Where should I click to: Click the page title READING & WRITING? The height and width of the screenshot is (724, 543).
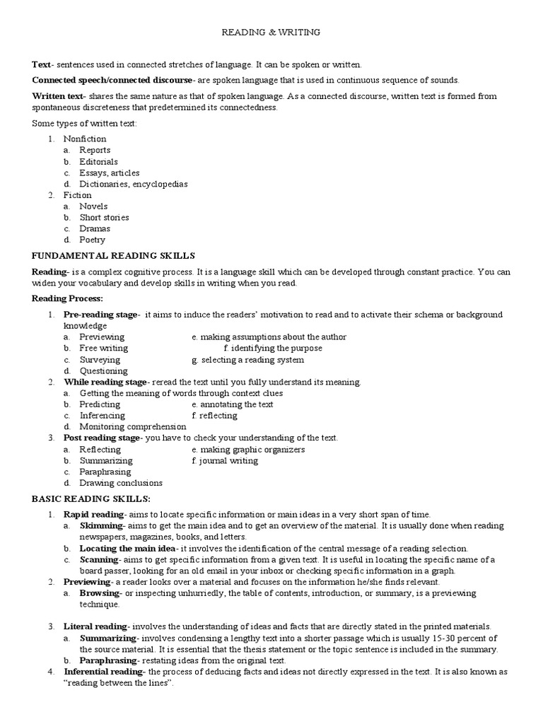click(x=271, y=32)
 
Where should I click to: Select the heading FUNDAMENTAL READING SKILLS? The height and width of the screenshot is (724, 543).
click(x=113, y=255)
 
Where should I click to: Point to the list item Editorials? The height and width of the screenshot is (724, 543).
click(x=98, y=161)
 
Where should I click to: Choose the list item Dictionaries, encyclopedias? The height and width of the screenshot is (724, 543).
click(x=133, y=184)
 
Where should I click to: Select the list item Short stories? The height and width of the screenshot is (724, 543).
click(x=104, y=218)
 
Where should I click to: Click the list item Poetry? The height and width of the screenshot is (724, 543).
click(x=92, y=240)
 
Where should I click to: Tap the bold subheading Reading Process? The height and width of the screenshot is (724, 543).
click(x=67, y=299)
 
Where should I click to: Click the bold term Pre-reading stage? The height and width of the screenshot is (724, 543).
click(x=101, y=315)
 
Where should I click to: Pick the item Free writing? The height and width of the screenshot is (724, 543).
click(x=103, y=349)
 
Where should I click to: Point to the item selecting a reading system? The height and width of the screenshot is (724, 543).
click(x=247, y=360)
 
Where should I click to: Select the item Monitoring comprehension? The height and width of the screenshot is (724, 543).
click(x=132, y=427)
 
